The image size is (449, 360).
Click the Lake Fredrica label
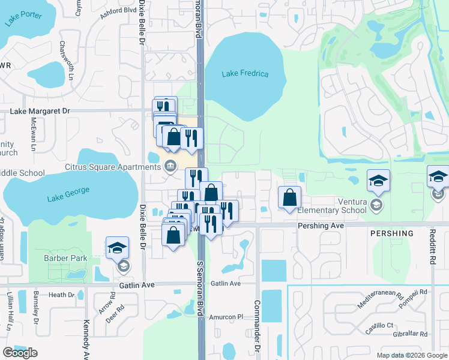tap(245, 74)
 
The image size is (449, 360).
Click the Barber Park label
tap(65, 259)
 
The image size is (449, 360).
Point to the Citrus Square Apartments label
tap(122, 165)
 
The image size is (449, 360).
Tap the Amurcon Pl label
tap(224, 317)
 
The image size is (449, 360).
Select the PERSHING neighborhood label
tap(392, 233)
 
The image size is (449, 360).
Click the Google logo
tap(20, 353)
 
